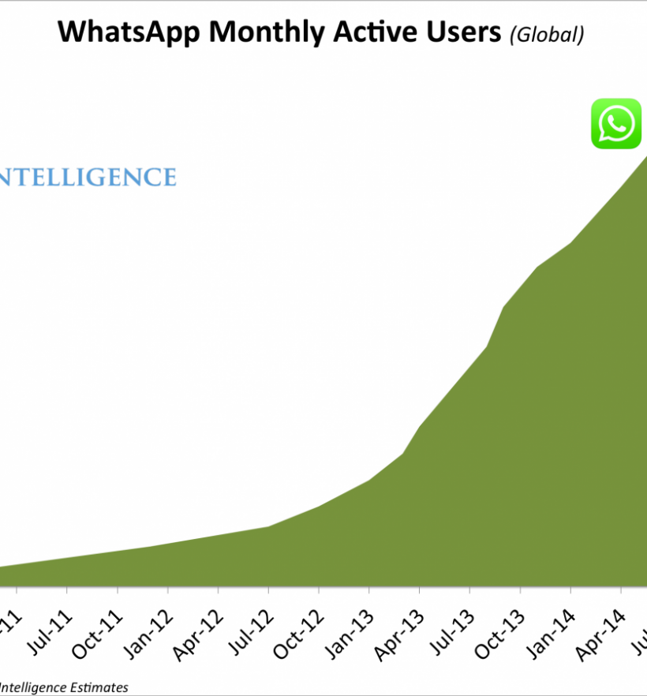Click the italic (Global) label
[x=547, y=34]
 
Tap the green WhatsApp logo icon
[x=616, y=124]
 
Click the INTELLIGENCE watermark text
[x=88, y=177]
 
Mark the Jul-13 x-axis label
[x=450, y=629]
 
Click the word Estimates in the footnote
[x=98, y=687]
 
